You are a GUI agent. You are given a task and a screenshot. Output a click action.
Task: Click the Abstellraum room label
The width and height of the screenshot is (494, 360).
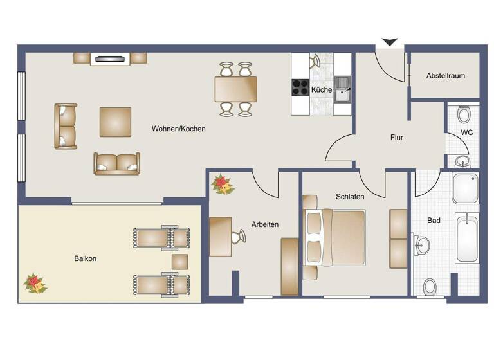tap(445, 76)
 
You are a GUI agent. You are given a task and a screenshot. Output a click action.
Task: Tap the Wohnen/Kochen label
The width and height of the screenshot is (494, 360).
tap(179, 129)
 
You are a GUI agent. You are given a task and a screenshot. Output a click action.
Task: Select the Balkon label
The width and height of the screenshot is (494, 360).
tap(85, 258)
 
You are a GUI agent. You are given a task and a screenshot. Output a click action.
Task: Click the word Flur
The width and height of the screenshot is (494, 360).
tap(397, 137)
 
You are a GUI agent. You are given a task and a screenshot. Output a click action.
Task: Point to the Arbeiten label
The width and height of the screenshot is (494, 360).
tap(264, 224)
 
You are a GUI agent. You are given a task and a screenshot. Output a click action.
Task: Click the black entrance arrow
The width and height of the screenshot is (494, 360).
tap(390, 42)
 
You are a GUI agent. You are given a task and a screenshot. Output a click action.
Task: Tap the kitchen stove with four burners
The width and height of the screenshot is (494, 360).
tap(300, 87)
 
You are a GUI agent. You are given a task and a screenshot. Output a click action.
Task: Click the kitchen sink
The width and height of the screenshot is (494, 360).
tap(342, 89)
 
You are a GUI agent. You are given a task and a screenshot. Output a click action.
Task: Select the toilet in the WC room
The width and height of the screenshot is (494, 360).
tap(464, 115)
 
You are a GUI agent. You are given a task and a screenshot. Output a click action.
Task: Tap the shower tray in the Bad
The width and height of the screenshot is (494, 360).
tap(465, 188)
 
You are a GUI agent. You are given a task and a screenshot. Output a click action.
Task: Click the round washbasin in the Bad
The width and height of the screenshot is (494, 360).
tap(422, 244)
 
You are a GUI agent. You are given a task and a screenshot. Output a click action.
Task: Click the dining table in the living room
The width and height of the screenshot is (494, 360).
tap(235, 89)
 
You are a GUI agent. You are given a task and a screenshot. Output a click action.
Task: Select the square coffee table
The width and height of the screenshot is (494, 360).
tap(115, 122)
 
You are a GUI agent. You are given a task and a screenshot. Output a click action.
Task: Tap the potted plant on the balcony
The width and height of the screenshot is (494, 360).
tap(34, 282)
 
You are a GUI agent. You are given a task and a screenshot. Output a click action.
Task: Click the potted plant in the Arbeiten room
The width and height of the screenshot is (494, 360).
tap(222, 184)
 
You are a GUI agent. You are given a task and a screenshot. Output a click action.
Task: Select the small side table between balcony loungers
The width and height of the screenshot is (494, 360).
tap(179, 262)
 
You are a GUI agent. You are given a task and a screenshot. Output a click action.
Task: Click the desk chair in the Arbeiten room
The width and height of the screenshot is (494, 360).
tap(239, 236)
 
